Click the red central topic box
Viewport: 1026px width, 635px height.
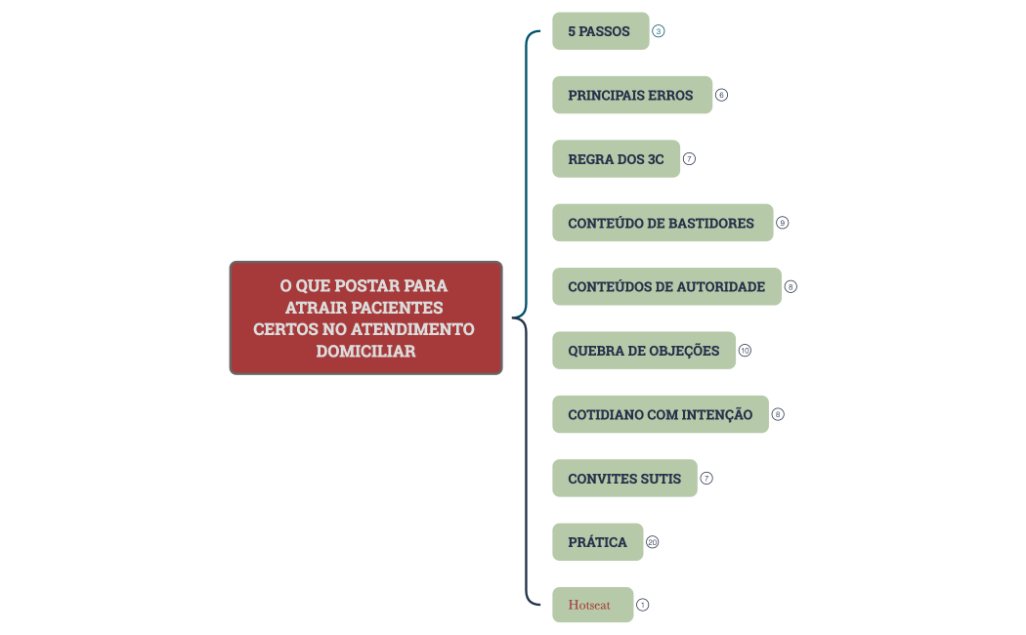click(x=365, y=317)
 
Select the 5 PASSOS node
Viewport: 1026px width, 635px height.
click(x=601, y=30)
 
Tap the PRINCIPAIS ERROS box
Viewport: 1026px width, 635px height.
click(x=632, y=95)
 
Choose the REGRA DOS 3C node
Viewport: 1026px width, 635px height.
click(x=617, y=159)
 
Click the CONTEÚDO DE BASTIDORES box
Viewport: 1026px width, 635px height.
click(x=663, y=223)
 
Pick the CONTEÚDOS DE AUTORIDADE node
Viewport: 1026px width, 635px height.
click(x=666, y=286)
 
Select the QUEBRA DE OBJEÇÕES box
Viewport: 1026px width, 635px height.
click(x=644, y=351)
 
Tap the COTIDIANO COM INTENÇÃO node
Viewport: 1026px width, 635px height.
click(x=661, y=414)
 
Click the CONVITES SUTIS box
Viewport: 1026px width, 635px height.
click(x=625, y=478)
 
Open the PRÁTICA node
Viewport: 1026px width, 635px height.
click(x=597, y=542)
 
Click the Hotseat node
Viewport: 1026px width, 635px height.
click(x=593, y=605)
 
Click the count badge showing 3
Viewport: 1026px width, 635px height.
click(x=659, y=30)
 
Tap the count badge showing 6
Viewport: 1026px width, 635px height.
click(x=722, y=95)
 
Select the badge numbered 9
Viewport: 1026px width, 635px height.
click(x=783, y=223)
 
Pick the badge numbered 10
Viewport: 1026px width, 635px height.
click(x=746, y=351)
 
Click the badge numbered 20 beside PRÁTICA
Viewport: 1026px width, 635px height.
click(x=653, y=542)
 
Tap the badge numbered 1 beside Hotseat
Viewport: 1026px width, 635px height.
click(x=643, y=605)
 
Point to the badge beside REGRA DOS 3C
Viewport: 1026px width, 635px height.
click(x=690, y=159)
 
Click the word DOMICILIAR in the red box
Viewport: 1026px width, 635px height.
click(x=365, y=351)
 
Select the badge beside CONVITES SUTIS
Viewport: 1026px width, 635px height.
click(x=706, y=478)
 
